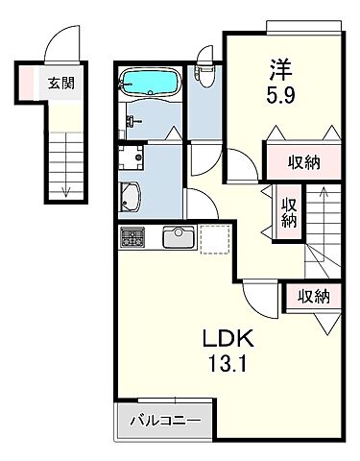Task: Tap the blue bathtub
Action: coord(151,82)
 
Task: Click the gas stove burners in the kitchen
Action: coord(132,237)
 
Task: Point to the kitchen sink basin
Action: coord(178,237)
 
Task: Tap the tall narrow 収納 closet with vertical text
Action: coord(289,209)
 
